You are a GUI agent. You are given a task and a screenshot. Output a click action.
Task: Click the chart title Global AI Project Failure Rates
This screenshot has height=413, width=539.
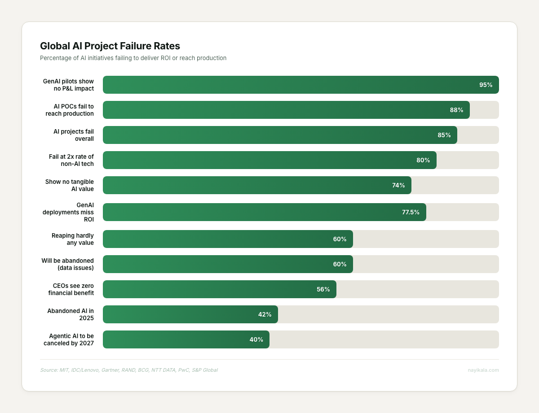click(110, 46)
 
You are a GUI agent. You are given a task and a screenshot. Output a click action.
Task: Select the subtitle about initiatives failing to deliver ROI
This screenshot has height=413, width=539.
click(133, 58)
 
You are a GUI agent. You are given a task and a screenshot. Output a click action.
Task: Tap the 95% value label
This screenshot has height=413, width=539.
click(486, 85)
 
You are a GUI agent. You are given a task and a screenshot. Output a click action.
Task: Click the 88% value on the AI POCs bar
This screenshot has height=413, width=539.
click(456, 110)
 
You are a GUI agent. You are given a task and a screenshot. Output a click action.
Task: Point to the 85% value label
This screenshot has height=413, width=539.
click(444, 135)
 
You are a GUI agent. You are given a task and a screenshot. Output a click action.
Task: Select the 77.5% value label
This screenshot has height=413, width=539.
click(411, 212)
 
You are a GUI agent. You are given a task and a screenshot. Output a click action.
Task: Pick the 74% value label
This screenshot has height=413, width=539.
click(398, 185)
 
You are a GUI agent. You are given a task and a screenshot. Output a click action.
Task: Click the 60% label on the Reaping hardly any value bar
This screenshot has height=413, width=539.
click(340, 239)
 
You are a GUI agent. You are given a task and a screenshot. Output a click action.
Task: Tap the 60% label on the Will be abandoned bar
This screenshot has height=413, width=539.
click(340, 264)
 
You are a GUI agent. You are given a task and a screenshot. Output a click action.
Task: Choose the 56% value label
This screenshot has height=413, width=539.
click(323, 289)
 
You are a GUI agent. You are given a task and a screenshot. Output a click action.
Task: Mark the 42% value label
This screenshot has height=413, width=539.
click(265, 314)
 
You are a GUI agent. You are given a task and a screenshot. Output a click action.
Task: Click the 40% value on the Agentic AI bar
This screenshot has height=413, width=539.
click(256, 339)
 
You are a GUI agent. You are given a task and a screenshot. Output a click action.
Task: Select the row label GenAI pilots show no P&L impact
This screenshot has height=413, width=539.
click(68, 85)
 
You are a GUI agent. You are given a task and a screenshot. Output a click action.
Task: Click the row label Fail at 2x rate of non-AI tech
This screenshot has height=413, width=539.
click(71, 160)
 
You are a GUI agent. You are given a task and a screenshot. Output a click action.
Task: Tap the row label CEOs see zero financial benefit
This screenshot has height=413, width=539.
click(73, 289)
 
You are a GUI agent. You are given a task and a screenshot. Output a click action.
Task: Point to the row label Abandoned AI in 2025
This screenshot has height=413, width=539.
click(71, 314)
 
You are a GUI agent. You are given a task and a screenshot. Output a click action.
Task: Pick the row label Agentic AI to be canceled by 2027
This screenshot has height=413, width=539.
click(71, 339)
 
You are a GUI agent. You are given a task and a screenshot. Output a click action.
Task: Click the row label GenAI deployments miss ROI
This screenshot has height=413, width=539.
click(68, 212)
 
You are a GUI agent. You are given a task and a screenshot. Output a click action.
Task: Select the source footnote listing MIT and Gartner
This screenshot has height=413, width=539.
click(128, 370)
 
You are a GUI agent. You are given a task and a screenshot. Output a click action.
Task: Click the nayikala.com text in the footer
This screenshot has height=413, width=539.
click(483, 370)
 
